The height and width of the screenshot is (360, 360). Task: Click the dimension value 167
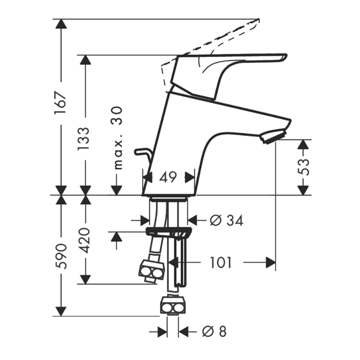pos(61,103)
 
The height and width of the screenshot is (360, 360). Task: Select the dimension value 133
pos(83,139)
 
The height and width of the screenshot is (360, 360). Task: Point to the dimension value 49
pos(168,177)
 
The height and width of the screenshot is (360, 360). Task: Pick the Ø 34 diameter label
pos(226,221)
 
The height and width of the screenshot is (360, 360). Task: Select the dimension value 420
pos(83,240)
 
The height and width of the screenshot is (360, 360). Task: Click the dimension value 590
pos(61,256)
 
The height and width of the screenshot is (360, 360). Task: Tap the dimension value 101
pos(221,263)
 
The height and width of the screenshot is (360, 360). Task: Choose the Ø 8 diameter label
pos(214,332)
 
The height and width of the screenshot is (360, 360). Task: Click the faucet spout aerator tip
pos(273,136)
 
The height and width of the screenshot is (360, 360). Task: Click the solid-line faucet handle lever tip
pos(284,58)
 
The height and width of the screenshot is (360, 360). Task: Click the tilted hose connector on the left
pos(152,271)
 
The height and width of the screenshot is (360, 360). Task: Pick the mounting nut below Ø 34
pos(169,232)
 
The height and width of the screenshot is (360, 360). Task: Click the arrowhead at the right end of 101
pos(271,262)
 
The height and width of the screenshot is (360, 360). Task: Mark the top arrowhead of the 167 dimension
pos(61,24)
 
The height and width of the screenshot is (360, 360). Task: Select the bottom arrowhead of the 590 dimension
pos(61,311)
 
